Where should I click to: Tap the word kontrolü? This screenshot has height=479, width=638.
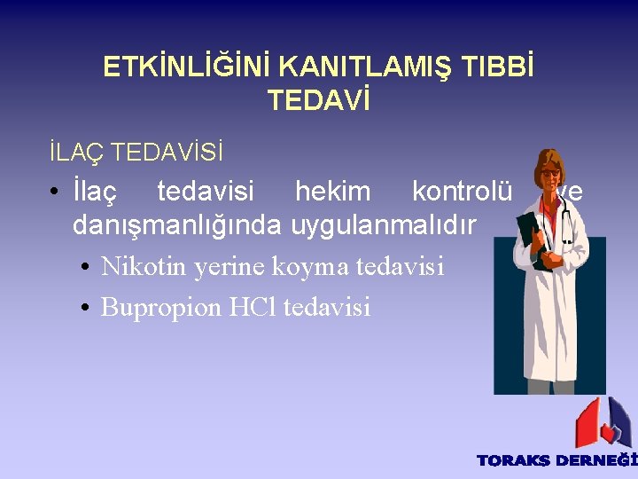tap(462, 191)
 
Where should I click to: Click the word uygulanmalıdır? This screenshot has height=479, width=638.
tap(385, 225)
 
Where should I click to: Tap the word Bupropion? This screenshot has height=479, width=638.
tap(160, 307)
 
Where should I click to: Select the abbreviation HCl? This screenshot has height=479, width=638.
tap(253, 307)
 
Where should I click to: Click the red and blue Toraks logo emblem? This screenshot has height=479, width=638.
tap(602, 422)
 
